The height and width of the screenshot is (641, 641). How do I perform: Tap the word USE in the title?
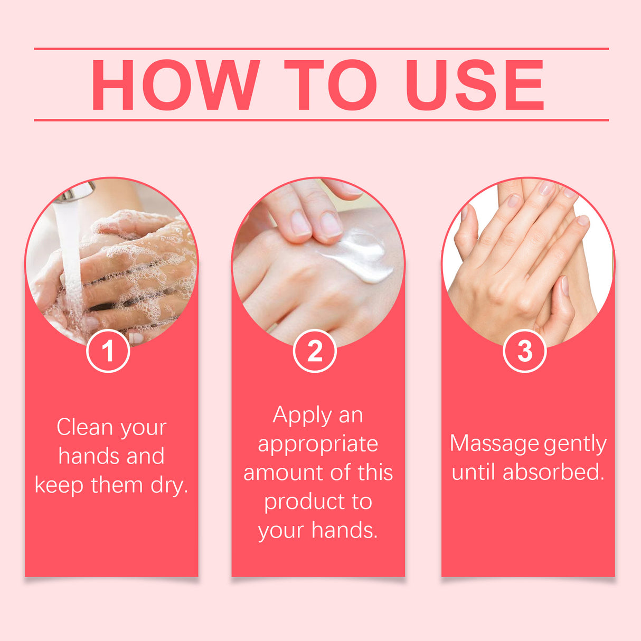tap(474, 85)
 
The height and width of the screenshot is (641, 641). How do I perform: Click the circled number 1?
tap(108, 351)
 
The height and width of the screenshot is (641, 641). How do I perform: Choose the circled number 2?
tap(315, 351)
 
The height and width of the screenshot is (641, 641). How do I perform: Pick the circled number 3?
tap(525, 351)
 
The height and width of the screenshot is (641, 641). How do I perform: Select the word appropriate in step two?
tap(318, 445)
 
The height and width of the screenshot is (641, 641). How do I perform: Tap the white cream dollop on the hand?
tap(364, 256)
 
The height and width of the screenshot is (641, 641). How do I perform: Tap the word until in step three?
tap(474, 472)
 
